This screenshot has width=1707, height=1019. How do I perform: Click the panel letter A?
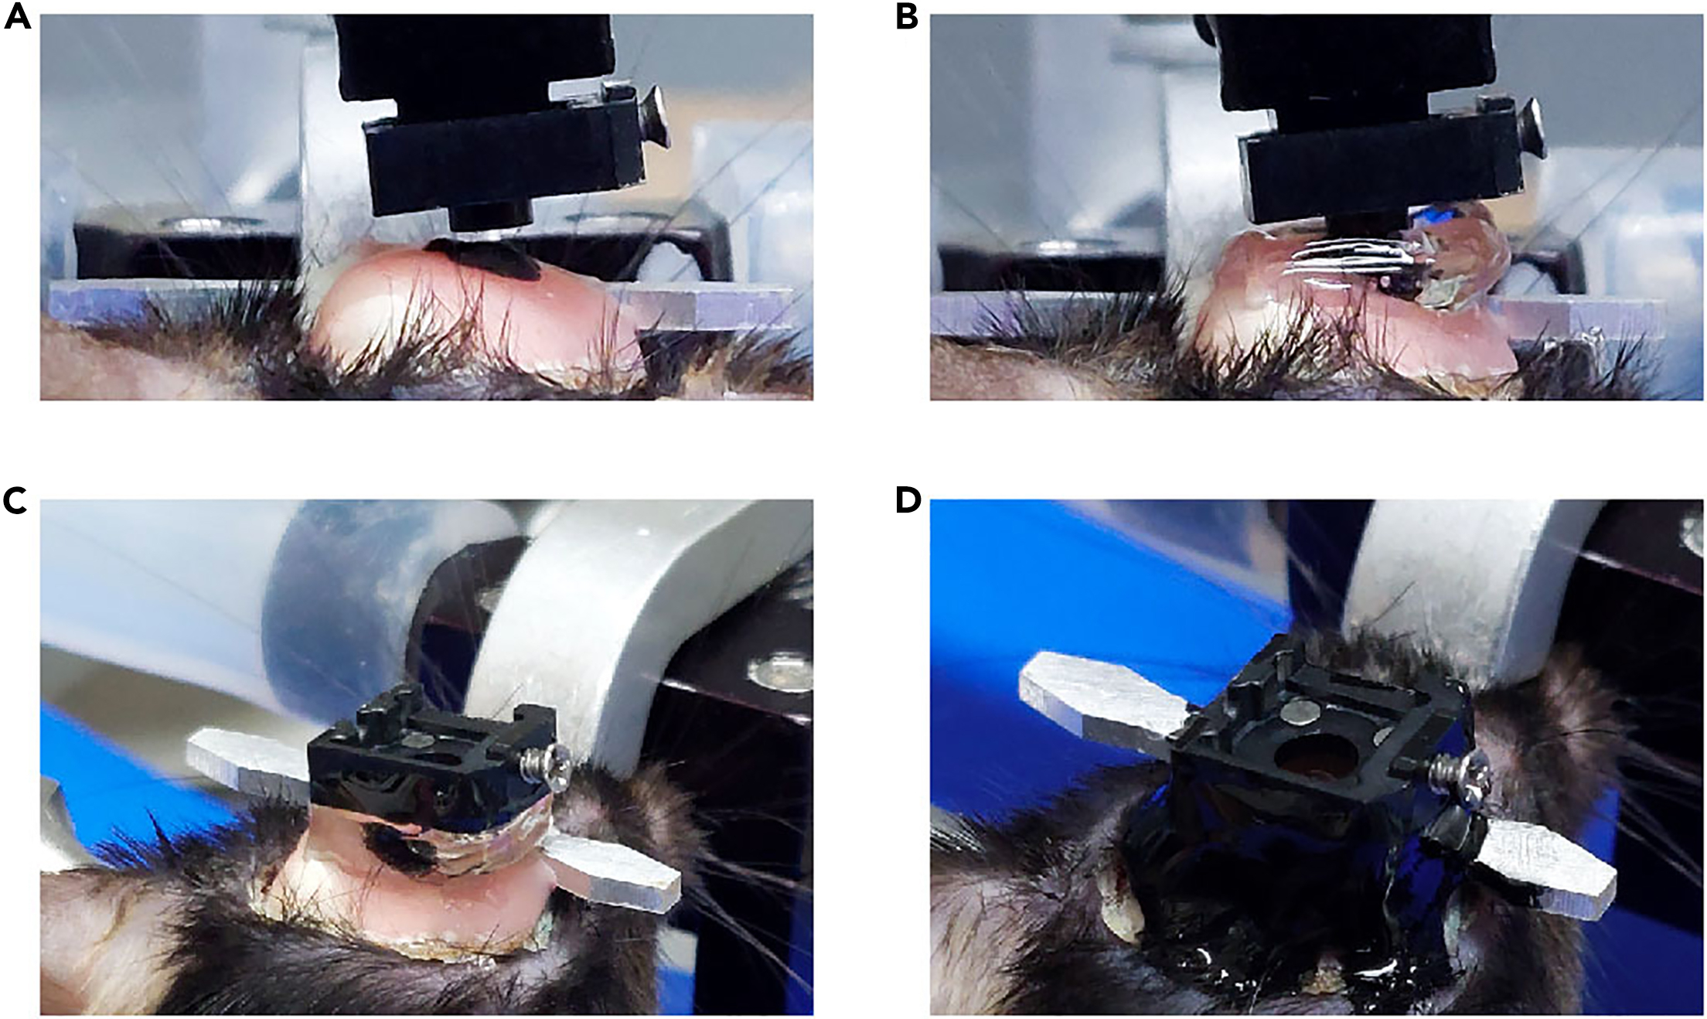(17, 16)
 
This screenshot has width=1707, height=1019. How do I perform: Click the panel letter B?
(906, 16)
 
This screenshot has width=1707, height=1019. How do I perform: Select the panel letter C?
(15, 501)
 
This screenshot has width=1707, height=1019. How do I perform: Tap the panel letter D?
(908, 501)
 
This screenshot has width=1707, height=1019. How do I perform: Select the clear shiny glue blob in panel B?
(1453, 255)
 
